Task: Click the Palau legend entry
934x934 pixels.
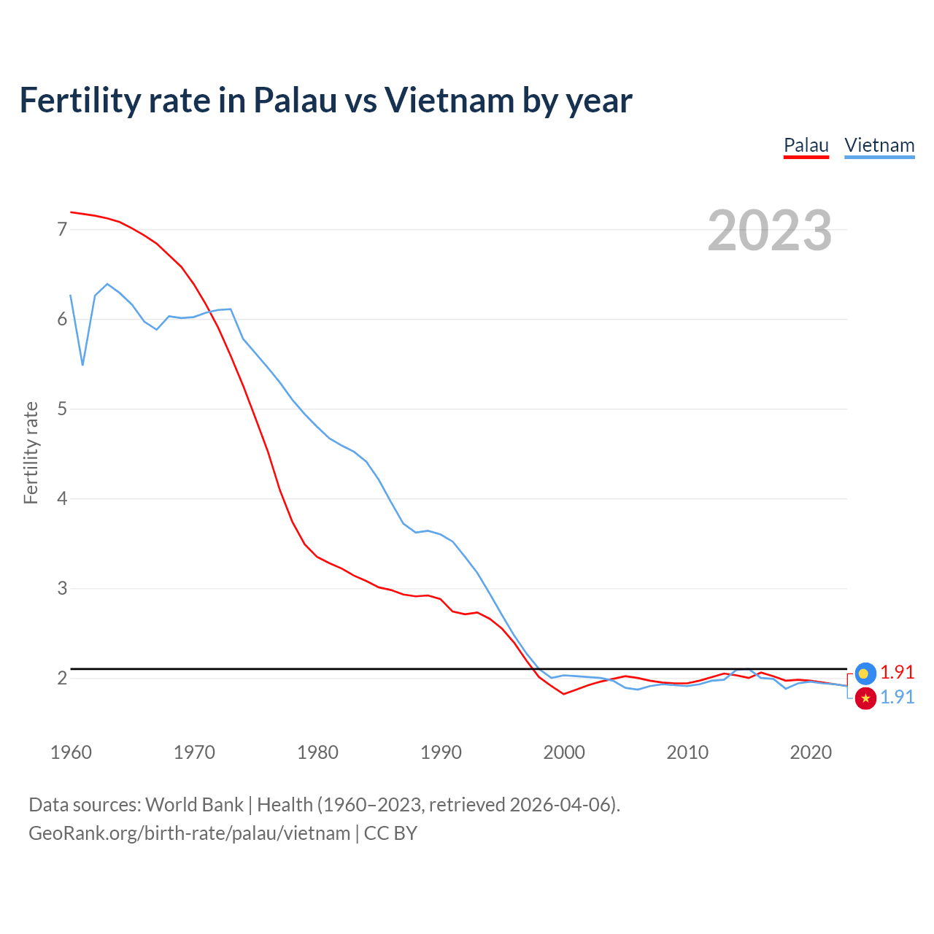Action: pyautogui.click(x=806, y=145)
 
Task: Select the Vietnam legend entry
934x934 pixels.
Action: pyautogui.click(x=879, y=145)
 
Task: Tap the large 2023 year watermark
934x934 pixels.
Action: pyautogui.click(x=770, y=231)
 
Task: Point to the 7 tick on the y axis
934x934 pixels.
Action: pyautogui.click(x=62, y=230)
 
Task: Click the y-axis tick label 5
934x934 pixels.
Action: pyautogui.click(x=62, y=409)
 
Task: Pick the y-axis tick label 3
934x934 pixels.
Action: pyautogui.click(x=62, y=588)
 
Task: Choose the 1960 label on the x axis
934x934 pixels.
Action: pyautogui.click(x=71, y=752)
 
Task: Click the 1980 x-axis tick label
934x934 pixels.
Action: pyautogui.click(x=317, y=752)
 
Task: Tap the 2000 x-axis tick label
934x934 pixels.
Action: pyautogui.click(x=564, y=752)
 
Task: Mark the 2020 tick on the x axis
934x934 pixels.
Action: pyautogui.click(x=811, y=752)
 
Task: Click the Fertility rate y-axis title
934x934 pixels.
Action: pyautogui.click(x=31, y=452)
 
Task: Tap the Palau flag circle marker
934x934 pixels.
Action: pyautogui.click(x=865, y=674)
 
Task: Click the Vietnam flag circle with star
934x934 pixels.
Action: pyautogui.click(x=865, y=698)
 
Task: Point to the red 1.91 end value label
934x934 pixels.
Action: pyautogui.click(x=898, y=672)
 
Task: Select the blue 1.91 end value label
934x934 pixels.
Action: pyautogui.click(x=898, y=697)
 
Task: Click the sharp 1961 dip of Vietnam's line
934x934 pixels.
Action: pyautogui.click(x=82, y=364)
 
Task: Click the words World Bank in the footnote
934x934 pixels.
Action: pyautogui.click(x=194, y=805)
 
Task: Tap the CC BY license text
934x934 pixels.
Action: pyautogui.click(x=390, y=833)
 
